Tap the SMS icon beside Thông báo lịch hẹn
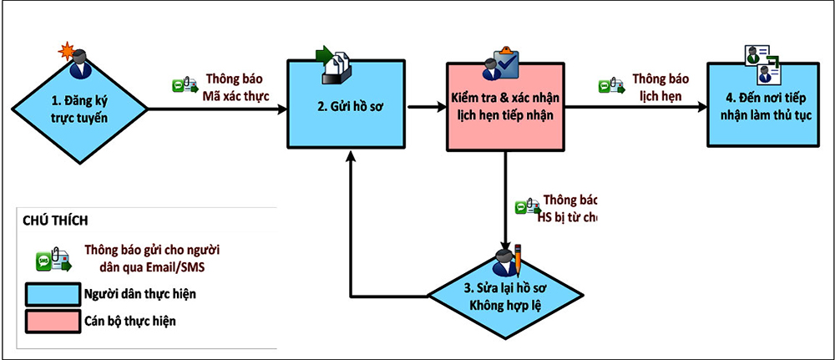coord(609,86)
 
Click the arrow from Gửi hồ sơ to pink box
coord(426,107)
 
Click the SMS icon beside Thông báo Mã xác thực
coord(183,86)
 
